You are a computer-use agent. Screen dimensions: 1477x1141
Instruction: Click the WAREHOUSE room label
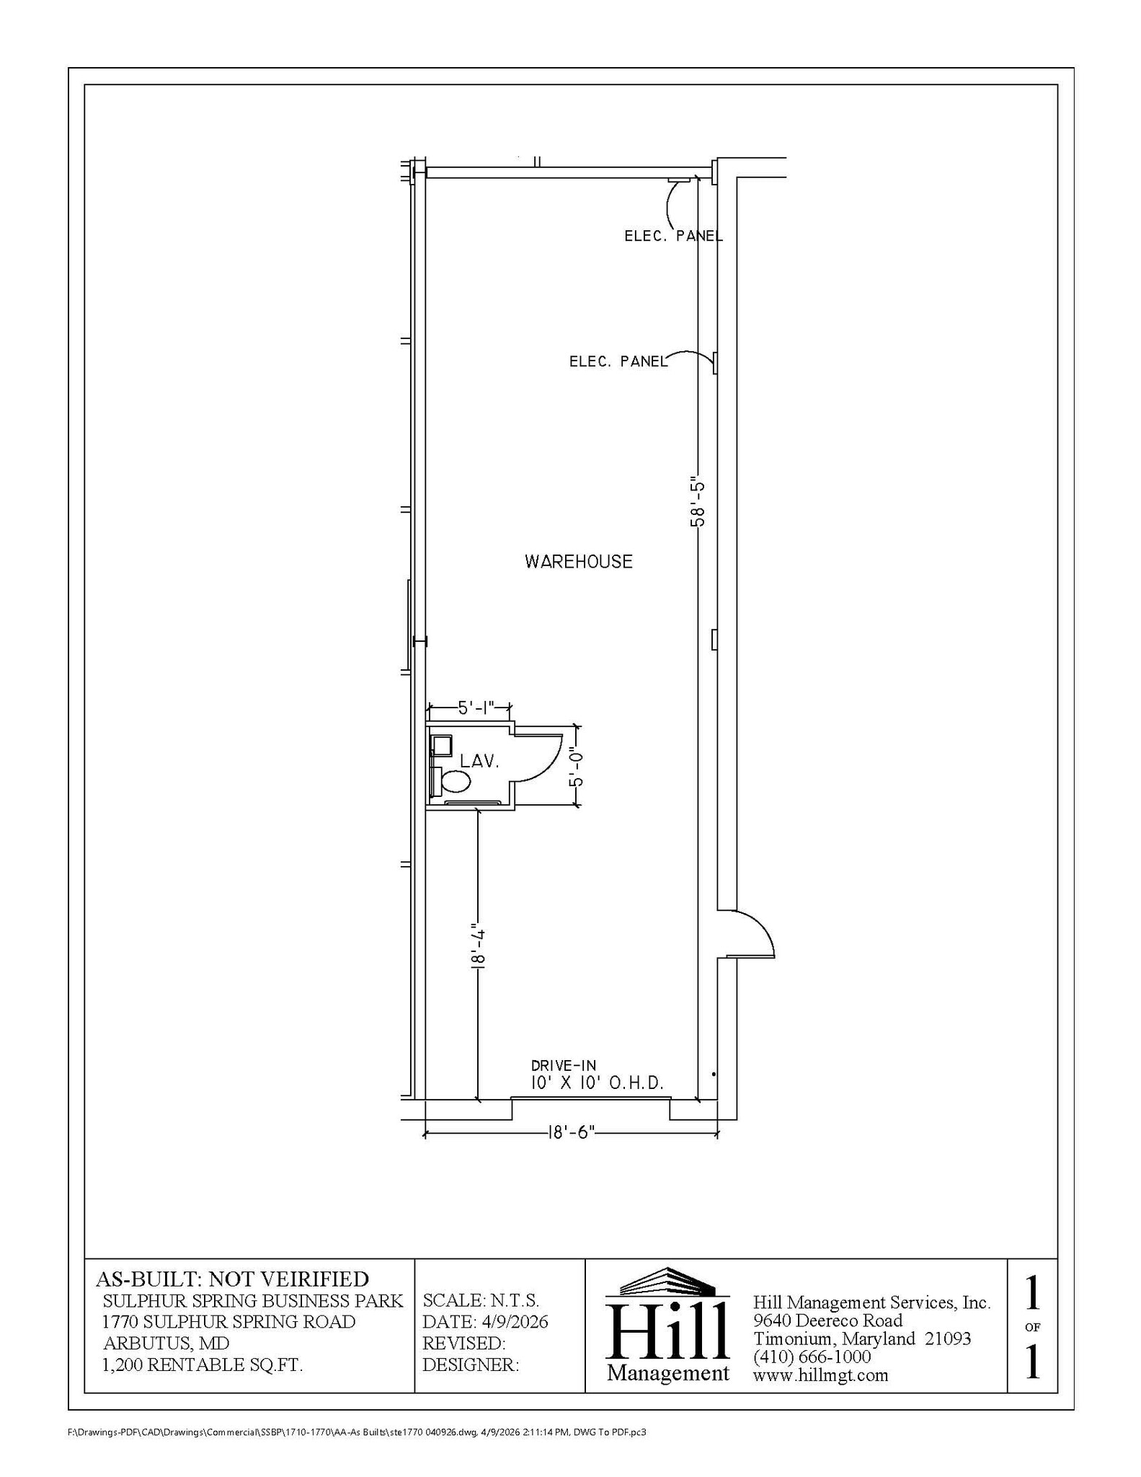click(578, 562)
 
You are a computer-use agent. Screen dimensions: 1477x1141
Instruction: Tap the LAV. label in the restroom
click(480, 762)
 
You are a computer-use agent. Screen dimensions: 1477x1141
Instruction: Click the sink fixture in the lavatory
click(441, 744)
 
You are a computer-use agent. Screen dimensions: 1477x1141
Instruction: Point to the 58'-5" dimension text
click(697, 501)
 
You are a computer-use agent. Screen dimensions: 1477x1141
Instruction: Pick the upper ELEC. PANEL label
click(673, 236)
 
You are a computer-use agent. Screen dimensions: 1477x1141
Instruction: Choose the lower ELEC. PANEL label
click(618, 361)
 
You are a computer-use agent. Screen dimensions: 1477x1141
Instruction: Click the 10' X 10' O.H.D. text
click(597, 1083)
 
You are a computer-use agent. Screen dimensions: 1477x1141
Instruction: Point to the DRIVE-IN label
click(564, 1065)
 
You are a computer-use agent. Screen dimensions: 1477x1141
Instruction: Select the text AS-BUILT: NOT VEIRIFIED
click(232, 1279)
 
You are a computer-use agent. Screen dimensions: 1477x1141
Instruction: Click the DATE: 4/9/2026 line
click(485, 1322)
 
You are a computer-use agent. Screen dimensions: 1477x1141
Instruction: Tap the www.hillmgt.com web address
click(820, 1375)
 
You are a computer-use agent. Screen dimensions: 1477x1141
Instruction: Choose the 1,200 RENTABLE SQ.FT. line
click(203, 1365)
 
